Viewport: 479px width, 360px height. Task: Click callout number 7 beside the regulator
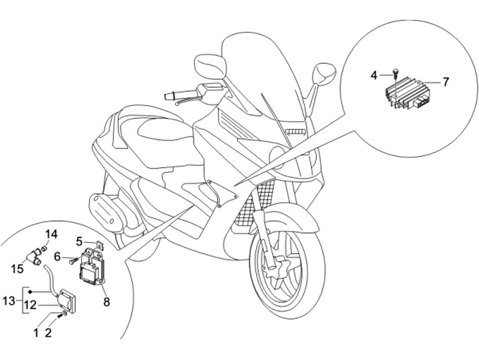(x=446, y=82)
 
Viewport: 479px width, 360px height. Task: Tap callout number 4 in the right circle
(x=374, y=75)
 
